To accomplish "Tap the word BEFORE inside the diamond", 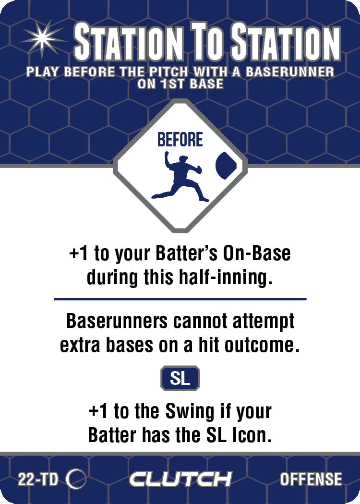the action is pos(180,140).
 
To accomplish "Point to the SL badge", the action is pos(180,378).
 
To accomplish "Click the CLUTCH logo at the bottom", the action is pos(180,479).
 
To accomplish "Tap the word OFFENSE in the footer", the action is pos(311,479).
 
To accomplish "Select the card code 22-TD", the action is pos(38,480).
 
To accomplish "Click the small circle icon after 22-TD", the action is pos(76,479).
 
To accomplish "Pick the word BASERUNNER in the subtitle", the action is pos(289,72).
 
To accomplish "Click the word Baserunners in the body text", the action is pos(117,321).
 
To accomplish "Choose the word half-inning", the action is pos(226,277).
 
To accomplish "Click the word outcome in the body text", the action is pos(262,345).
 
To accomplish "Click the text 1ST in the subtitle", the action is pos(173,84).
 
